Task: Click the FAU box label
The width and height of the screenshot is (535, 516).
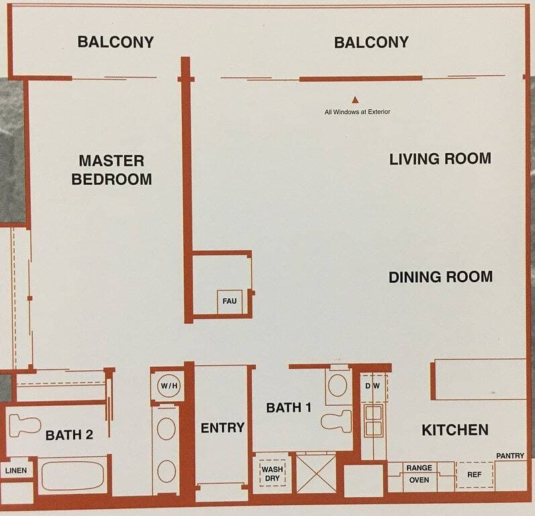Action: [x=230, y=301]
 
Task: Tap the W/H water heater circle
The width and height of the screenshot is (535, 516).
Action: [x=169, y=386]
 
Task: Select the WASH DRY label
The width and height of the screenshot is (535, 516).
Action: [x=273, y=474]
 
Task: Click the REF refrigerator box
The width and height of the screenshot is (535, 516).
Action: [x=475, y=474]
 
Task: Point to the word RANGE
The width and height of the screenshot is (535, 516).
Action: [x=420, y=468]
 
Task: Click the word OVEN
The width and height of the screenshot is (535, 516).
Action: [x=419, y=480]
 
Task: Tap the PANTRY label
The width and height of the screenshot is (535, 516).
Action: [x=510, y=456]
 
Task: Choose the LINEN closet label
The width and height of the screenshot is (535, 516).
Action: [x=16, y=470]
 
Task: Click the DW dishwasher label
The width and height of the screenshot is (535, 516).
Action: [x=373, y=386]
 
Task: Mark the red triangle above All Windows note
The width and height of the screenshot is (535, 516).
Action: [x=355, y=100]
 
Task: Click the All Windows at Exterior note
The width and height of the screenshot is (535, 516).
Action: [x=357, y=112]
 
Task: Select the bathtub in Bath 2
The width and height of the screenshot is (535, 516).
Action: [x=73, y=476]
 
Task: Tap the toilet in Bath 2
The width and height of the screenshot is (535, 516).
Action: [x=25, y=425]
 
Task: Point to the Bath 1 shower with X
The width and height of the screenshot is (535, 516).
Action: [x=316, y=474]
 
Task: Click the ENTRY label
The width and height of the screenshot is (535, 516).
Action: [x=222, y=427]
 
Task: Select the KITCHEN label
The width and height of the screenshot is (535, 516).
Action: [x=455, y=430]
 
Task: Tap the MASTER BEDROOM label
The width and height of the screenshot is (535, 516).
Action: [x=111, y=170]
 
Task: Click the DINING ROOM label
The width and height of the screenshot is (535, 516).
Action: [x=440, y=277]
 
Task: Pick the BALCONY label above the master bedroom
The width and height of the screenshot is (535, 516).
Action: [x=115, y=42]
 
